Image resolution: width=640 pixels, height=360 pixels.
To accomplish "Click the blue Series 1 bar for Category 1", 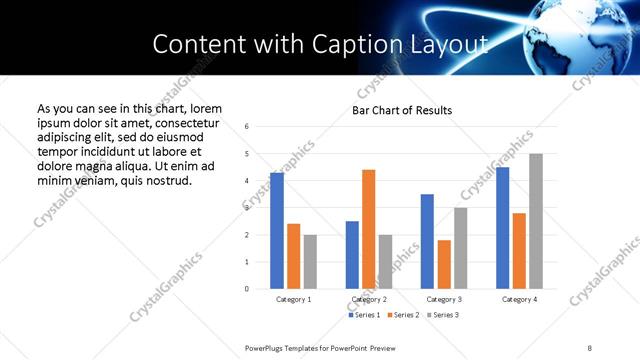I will pyautogui.click(x=277, y=231).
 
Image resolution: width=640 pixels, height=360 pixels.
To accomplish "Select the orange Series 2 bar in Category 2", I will pyautogui.click(x=368, y=229).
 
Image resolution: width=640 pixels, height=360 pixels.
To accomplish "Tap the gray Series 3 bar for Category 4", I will pyautogui.click(x=536, y=221).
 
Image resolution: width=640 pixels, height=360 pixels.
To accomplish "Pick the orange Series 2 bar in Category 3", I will pyautogui.click(x=444, y=264).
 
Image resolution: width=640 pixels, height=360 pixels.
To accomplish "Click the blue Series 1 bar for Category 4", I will pyautogui.click(x=502, y=228).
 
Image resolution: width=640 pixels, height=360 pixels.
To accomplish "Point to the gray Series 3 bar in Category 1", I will pyautogui.click(x=310, y=262).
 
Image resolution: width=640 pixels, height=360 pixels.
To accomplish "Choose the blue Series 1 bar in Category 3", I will pyautogui.click(x=427, y=241).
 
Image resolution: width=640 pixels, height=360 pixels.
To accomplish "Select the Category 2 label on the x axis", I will pyautogui.click(x=369, y=299).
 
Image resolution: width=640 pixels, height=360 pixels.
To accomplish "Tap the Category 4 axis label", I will pyautogui.click(x=519, y=299).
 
